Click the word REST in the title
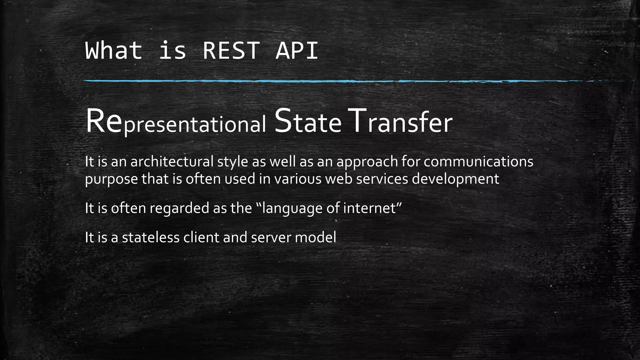point(231,51)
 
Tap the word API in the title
point(297,51)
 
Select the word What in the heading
point(113,51)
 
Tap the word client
point(201,237)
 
